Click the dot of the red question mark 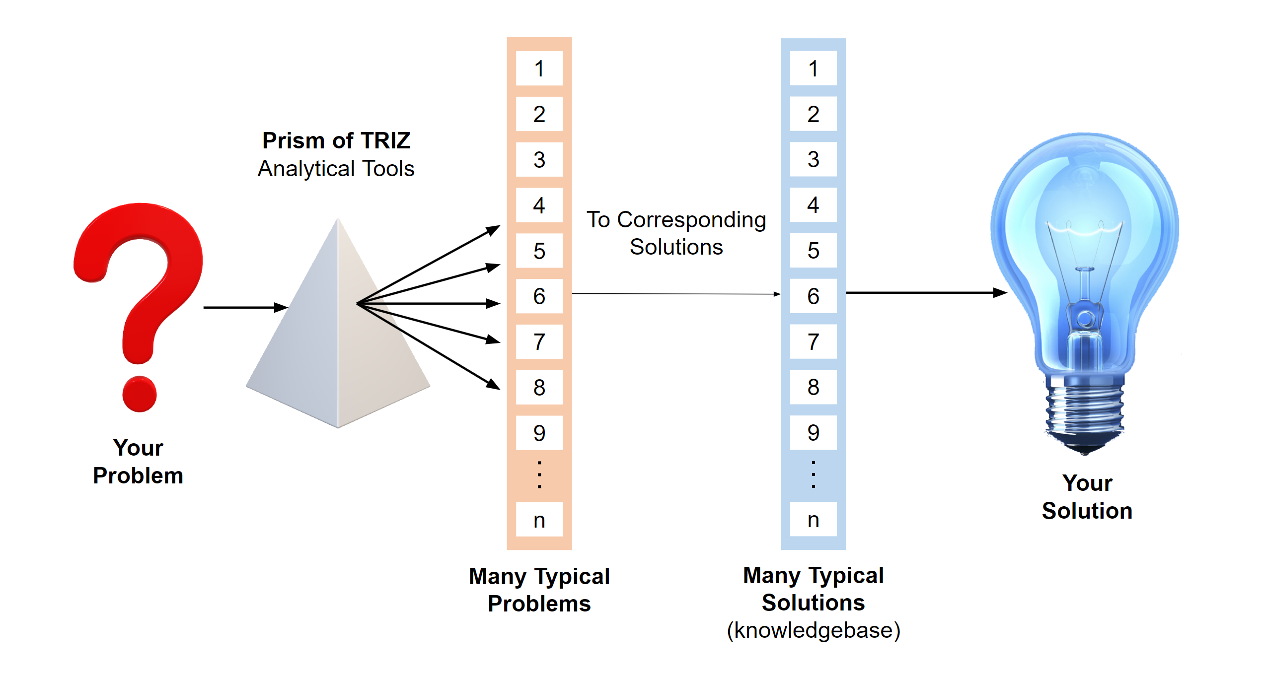tap(140, 394)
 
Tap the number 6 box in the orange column tap(539, 296)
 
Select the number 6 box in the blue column tap(813, 296)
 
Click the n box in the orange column tap(539, 520)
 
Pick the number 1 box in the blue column tap(813, 68)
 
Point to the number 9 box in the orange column tap(539, 433)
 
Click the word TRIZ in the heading tap(385, 140)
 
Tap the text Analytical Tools tap(336, 169)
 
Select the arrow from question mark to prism tap(245, 308)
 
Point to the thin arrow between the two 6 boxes tap(675, 294)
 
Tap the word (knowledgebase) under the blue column tap(813, 630)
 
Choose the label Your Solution tap(1087, 497)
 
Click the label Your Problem tap(138, 462)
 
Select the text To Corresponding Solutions tap(676, 233)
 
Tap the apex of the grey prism tap(338, 221)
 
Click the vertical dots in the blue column tap(813, 474)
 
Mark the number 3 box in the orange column tap(539, 160)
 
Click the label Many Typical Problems tap(539, 590)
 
